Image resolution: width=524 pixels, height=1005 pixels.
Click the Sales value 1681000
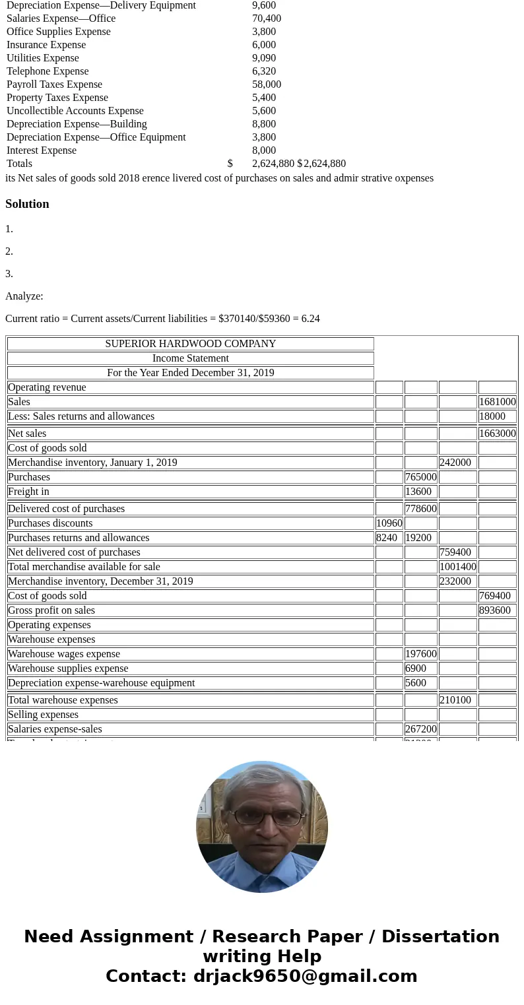tap(497, 402)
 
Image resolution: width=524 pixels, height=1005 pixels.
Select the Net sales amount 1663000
tap(497, 434)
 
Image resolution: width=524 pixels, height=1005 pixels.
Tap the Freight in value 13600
tap(419, 492)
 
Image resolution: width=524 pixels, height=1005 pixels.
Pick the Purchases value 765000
tap(421, 477)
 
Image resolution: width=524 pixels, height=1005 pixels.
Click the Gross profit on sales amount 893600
tap(494, 610)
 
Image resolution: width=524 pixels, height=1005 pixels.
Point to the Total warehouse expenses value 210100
tap(455, 700)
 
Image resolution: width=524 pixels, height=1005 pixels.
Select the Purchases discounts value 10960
tap(389, 523)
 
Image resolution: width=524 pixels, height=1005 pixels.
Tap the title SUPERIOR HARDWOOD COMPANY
tap(190, 344)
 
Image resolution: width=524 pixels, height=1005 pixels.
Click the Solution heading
tap(27, 204)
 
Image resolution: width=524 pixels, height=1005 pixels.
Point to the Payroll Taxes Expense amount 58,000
tap(267, 84)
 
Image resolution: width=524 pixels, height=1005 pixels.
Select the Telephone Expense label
tap(48, 71)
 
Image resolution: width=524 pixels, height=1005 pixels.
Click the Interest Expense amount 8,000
tap(264, 150)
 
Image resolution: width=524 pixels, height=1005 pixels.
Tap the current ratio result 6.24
tap(310, 319)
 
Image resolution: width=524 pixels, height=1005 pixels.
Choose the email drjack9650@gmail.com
tap(305, 977)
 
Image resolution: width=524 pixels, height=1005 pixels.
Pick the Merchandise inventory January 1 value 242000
tap(455, 463)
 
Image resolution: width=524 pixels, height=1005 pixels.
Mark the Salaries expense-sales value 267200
tap(420, 729)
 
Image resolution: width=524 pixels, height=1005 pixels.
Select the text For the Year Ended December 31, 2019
tap(190, 373)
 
